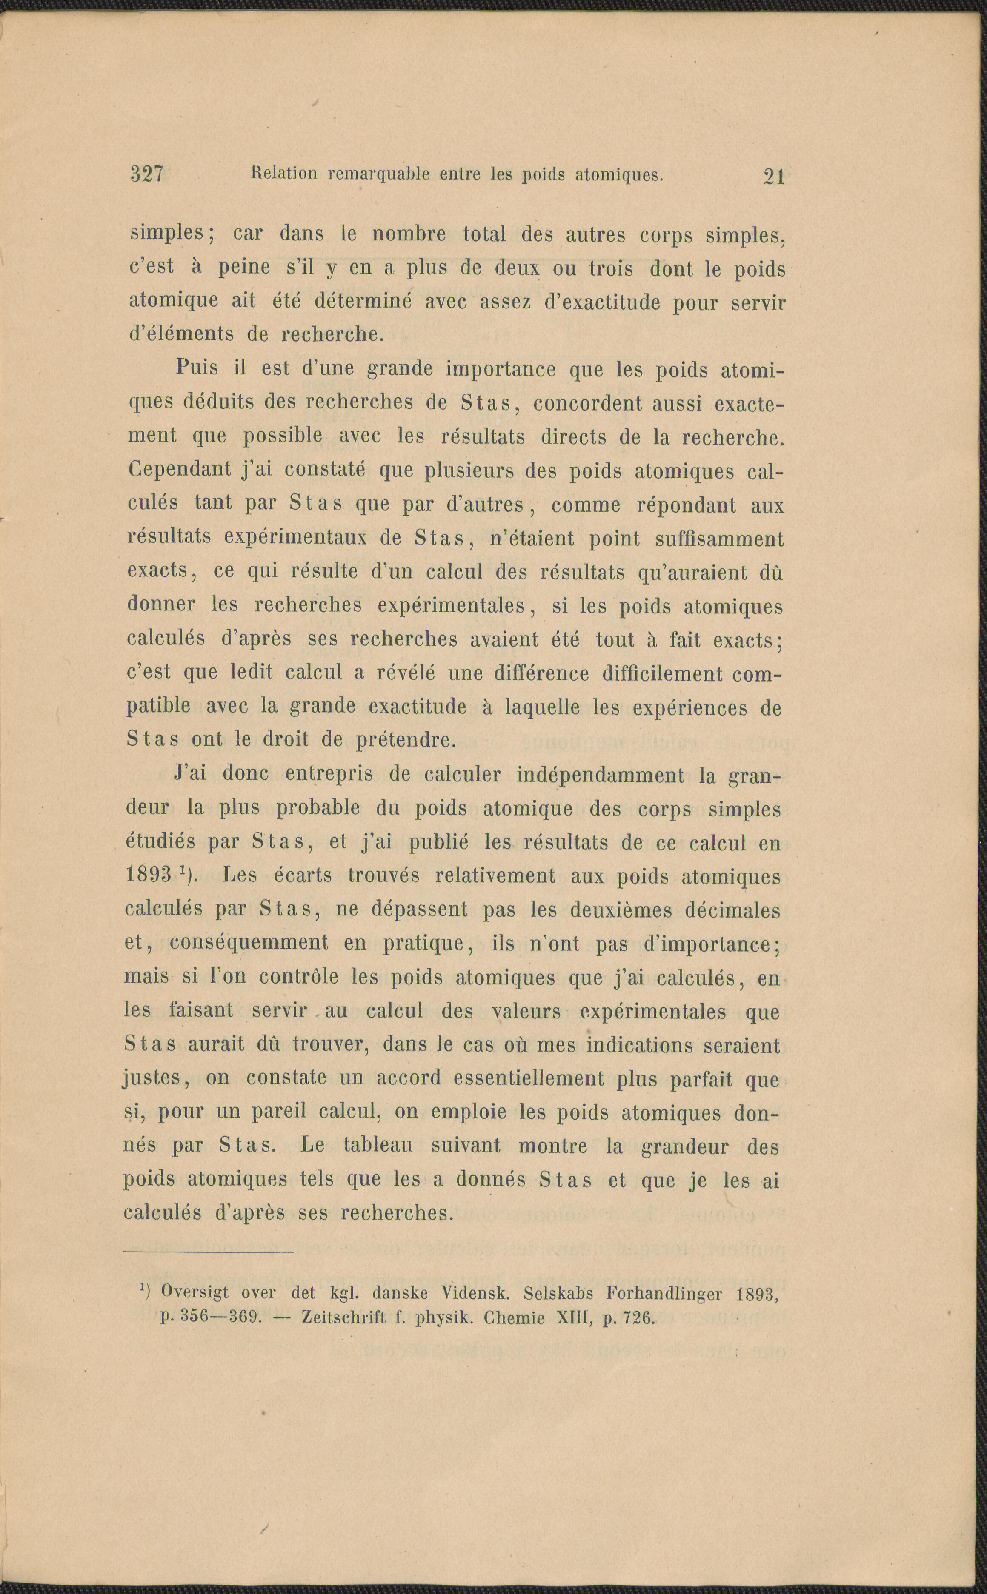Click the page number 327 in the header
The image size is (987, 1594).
(147, 174)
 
